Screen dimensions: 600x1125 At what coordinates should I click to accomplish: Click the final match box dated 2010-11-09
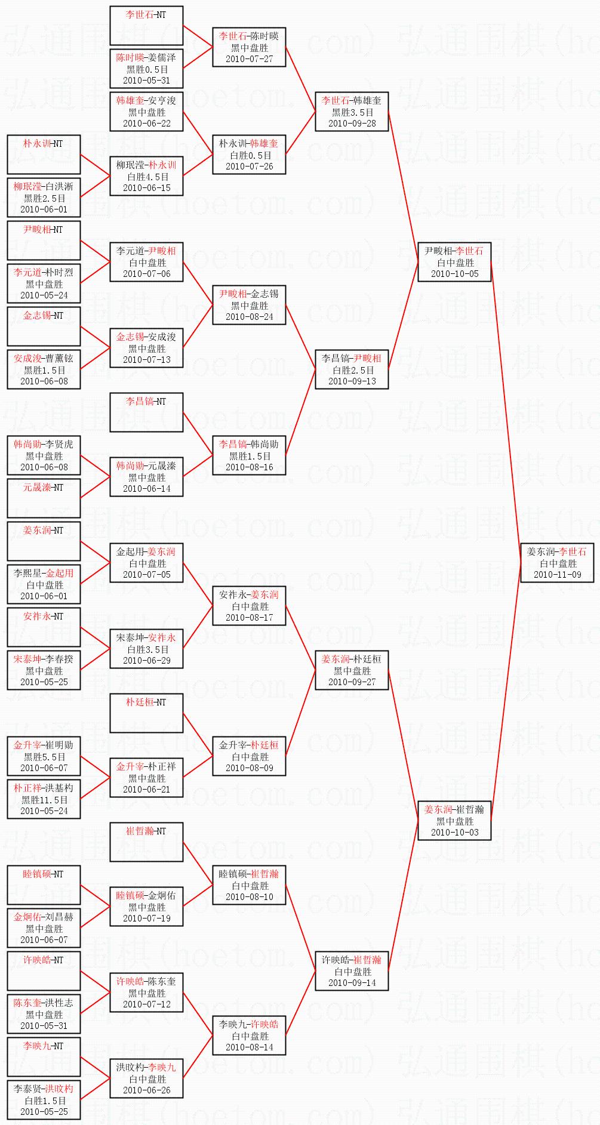point(558,563)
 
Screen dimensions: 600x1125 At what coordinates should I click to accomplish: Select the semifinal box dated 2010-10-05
point(454,262)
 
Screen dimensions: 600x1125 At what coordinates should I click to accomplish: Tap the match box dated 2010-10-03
point(454,821)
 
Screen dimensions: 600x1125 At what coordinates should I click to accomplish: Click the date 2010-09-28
point(352,124)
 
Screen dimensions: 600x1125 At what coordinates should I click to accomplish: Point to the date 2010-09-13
point(352,381)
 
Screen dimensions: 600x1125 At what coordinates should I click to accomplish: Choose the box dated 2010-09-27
point(352,670)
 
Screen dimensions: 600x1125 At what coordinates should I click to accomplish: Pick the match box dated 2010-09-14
point(352,971)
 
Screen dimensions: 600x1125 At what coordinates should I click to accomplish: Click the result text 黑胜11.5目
point(44,800)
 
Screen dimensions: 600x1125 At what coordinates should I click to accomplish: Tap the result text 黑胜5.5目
point(44,757)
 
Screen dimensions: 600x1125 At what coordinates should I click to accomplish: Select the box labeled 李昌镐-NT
point(146,412)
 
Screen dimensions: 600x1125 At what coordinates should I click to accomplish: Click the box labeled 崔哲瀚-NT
point(146,842)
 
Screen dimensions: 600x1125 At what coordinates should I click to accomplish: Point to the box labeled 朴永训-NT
point(44,154)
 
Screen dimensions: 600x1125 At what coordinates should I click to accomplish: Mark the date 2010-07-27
point(249,59)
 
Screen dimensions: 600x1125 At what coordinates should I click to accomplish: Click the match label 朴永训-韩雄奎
point(249,144)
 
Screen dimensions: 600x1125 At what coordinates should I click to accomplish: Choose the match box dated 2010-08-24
point(249,305)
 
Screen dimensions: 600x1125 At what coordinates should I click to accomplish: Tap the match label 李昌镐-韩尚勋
point(249,445)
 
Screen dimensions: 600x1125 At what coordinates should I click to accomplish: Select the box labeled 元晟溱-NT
point(44,498)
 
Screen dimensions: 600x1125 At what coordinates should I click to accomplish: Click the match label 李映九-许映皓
point(249,1025)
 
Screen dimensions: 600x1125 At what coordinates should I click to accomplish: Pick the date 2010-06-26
point(146,1090)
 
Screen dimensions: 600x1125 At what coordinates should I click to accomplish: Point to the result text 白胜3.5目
point(147,649)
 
